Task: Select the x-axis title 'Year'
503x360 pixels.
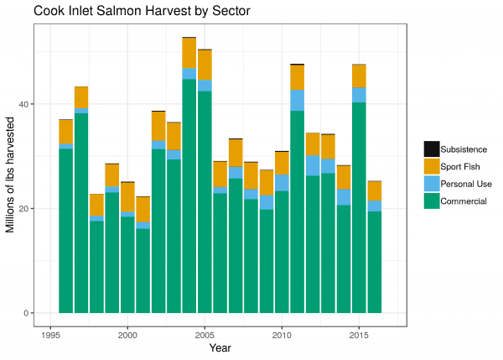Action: [x=220, y=347]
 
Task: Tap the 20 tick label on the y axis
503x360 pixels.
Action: [x=26, y=209]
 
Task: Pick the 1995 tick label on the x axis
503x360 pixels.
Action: [x=50, y=332]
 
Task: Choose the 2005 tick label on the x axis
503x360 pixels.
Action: [x=205, y=332]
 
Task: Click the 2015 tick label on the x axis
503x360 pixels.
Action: [x=359, y=332]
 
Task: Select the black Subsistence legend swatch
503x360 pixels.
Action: [x=432, y=149]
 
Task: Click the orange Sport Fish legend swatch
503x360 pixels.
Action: [x=432, y=166]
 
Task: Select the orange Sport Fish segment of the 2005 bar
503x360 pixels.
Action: [x=205, y=65]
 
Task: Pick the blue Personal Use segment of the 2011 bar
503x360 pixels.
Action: [x=297, y=100]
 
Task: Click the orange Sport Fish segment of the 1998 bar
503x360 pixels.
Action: [x=96, y=205]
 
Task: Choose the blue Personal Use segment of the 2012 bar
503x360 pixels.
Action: [x=313, y=165]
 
